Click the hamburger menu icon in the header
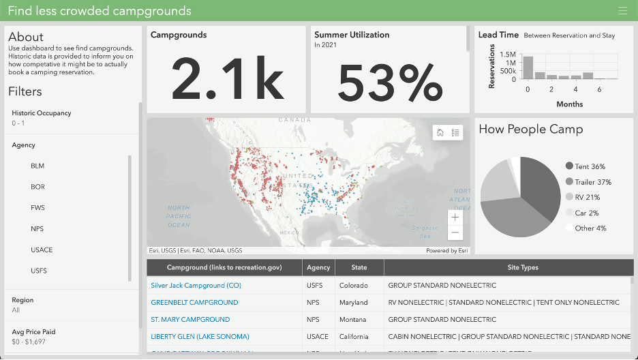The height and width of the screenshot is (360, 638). point(622,10)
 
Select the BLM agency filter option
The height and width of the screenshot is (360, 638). point(37,166)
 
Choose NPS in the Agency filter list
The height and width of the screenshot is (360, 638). point(37,229)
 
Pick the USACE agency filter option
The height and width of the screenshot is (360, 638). point(42,250)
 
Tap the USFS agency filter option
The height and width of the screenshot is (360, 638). point(39,271)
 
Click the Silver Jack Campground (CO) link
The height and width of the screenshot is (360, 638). point(196,286)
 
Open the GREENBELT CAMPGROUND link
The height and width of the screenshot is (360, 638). point(194,303)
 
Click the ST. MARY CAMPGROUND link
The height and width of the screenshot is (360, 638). point(190,320)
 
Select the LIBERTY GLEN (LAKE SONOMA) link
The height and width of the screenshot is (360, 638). point(200,337)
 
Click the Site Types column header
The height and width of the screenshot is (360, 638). point(523,267)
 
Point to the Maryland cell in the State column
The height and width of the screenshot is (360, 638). point(354,303)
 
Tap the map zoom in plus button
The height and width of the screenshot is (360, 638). point(455,217)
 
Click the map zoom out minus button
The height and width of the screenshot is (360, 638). point(455,233)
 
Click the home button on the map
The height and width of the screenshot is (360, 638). point(440,132)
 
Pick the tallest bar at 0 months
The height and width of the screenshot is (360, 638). point(528,67)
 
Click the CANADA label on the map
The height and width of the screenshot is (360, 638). point(294,120)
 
